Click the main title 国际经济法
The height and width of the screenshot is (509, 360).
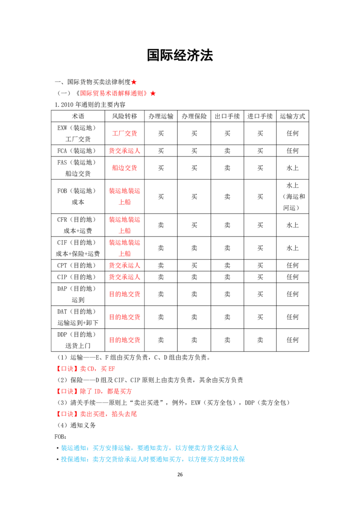click(180, 55)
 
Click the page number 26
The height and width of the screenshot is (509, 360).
click(180, 474)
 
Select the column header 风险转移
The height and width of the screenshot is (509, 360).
click(125, 116)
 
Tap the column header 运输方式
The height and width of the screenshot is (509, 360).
click(292, 116)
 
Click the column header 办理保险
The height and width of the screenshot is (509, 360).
click(194, 116)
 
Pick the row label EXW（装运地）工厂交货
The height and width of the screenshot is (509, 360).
click(78, 134)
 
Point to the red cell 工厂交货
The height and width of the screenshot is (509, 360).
click(125, 134)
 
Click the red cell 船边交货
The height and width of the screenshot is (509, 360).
click(125, 168)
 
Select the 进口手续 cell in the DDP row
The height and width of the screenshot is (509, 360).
click(260, 340)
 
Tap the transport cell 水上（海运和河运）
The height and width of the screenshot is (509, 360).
click(292, 196)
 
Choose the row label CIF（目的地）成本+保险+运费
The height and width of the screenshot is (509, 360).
click(78, 248)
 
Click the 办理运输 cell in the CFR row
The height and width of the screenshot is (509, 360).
click(161, 225)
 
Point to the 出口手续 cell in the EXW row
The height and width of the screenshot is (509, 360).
click(227, 134)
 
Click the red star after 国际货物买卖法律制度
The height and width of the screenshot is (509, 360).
click(134, 82)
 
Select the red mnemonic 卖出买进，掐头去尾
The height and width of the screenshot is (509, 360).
click(96, 414)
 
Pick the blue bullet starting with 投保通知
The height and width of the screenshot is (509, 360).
click(151, 460)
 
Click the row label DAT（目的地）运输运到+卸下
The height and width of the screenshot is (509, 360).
click(78, 317)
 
